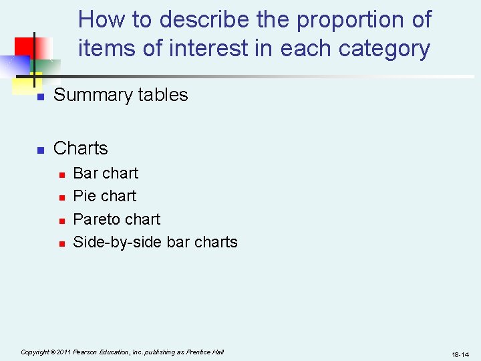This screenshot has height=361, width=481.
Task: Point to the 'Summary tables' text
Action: (x=120, y=95)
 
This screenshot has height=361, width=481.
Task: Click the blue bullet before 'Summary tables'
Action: (x=40, y=97)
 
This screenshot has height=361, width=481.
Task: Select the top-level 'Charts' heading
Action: (x=80, y=148)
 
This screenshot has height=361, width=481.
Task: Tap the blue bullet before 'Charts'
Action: (x=40, y=150)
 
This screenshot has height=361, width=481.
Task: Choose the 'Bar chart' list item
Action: (x=106, y=173)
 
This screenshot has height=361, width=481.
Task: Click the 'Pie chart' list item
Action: (x=104, y=196)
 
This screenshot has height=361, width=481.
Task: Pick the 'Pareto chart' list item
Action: (x=117, y=219)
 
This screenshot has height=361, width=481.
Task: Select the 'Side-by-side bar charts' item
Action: (x=155, y=242)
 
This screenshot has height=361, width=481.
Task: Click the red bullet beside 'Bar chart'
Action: (x=61, y=175)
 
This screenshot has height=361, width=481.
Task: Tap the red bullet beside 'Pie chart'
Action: (x=61, y=198)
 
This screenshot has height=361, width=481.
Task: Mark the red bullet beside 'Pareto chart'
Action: (x=61, y=221)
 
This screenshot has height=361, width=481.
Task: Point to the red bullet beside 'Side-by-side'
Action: (x=61, y=244)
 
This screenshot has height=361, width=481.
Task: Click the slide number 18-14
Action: (x=460, y=354)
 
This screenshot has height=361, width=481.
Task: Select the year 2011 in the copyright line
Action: (x=65, y=352)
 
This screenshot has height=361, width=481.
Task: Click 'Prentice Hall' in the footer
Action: (x=206, y=352)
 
